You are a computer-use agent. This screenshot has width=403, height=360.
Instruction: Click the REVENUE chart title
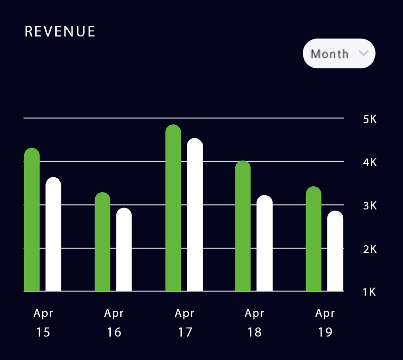click(x=60, y=31)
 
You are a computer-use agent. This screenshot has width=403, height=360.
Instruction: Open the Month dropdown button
click(x=339, y=53)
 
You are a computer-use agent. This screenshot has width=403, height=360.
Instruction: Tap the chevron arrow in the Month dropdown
click(x=363, y=53)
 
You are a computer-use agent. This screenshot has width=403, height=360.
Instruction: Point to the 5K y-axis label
click(x=370, y=119)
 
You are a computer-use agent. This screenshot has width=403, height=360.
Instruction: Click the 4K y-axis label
click(x=370, y=162)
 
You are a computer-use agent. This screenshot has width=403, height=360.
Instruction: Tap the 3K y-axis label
click(x=370, y=206)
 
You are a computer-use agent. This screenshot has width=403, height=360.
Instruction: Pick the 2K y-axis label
click(x=370, y=249)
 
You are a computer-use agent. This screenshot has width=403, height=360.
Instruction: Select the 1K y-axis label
click(x=370, y=292)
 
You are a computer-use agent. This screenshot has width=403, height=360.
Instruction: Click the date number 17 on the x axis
click(x=184, y=333)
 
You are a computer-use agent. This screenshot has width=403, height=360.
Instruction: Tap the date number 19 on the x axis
click(x=325, y=333)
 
